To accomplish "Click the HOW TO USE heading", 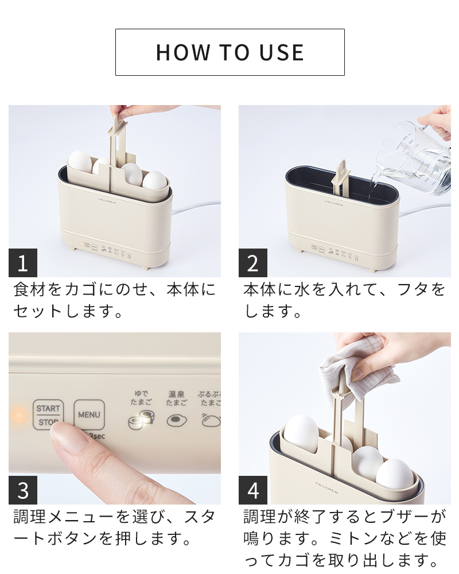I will coord(229,52).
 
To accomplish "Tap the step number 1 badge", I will coord(23,263).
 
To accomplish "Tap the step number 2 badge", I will coord(253,263).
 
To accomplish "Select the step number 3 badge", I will coord(23,490).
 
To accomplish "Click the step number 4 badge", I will coord(253,490).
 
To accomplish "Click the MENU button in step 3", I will coord(89,414).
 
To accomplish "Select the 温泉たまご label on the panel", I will coord(177,398).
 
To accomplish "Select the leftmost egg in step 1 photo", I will coord(80,162).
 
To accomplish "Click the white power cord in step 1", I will coord(195,205).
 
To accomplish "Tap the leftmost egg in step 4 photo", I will coord(302,433).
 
